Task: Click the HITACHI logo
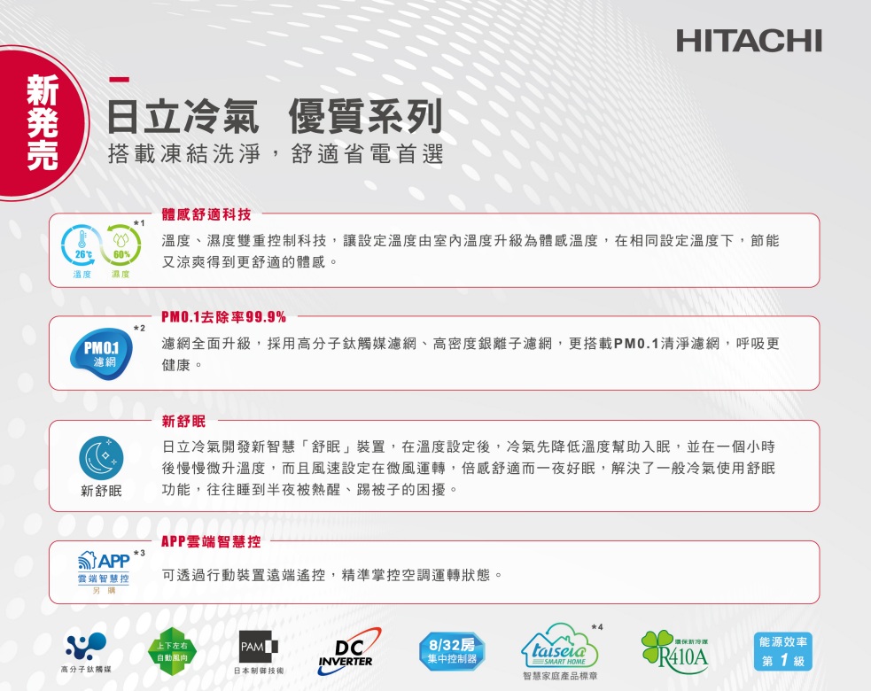pyautogui.click(x=749, y=41)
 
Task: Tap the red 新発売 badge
pyautogui.click(x=41, y=122)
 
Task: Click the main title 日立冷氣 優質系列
pyautogui.click(x=275, y=116)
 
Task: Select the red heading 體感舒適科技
pyautogui.click(x=206, y=214)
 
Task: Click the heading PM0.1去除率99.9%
pyautogui.click(x=224, y=317)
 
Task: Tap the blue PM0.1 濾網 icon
pyautogui.click(x=102, y=353)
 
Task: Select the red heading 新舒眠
pyautogui.click(x=183, y=422)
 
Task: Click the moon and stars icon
pyautogui.click(x=101, y=458)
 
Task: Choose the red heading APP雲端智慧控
pyautogui.click(x=211, y=541)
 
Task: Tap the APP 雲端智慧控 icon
pyautogui.click(x=104, y=572)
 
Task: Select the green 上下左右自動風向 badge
pyautogui.click(x=172, y=651)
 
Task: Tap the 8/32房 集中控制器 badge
pyautogui.click(x=452, y=651)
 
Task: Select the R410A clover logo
pyautogui.click(x=675, y=651)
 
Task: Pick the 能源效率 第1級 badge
pyautogui.click(x=783, y=651)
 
